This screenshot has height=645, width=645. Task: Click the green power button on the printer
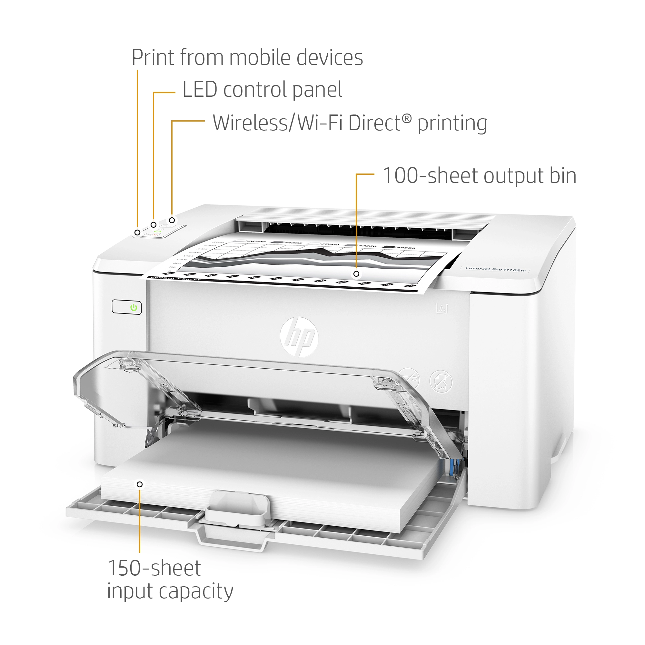(x=134, y=307)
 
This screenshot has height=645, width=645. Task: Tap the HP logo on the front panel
(x=299, y=336)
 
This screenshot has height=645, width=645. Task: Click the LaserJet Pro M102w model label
(x=495, y=269)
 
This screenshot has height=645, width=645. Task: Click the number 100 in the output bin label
(x=400, y=176)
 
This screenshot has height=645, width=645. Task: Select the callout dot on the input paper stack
(x=140, y=484)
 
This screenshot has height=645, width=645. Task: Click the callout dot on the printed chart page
(x=356, y=274)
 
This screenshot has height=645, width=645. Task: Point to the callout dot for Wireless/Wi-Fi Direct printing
(x=172, y=220)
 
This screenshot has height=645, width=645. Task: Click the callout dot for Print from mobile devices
(x=137, y=232)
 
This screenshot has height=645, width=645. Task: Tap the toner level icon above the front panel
(x=442, y=308)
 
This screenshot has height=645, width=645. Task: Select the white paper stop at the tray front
(x=237, y=506)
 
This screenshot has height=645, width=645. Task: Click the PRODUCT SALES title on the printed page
(x=175, y=278)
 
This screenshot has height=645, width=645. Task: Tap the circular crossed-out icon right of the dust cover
(x=441, y=381)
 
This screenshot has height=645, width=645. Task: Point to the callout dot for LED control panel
(x=154, y=225)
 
